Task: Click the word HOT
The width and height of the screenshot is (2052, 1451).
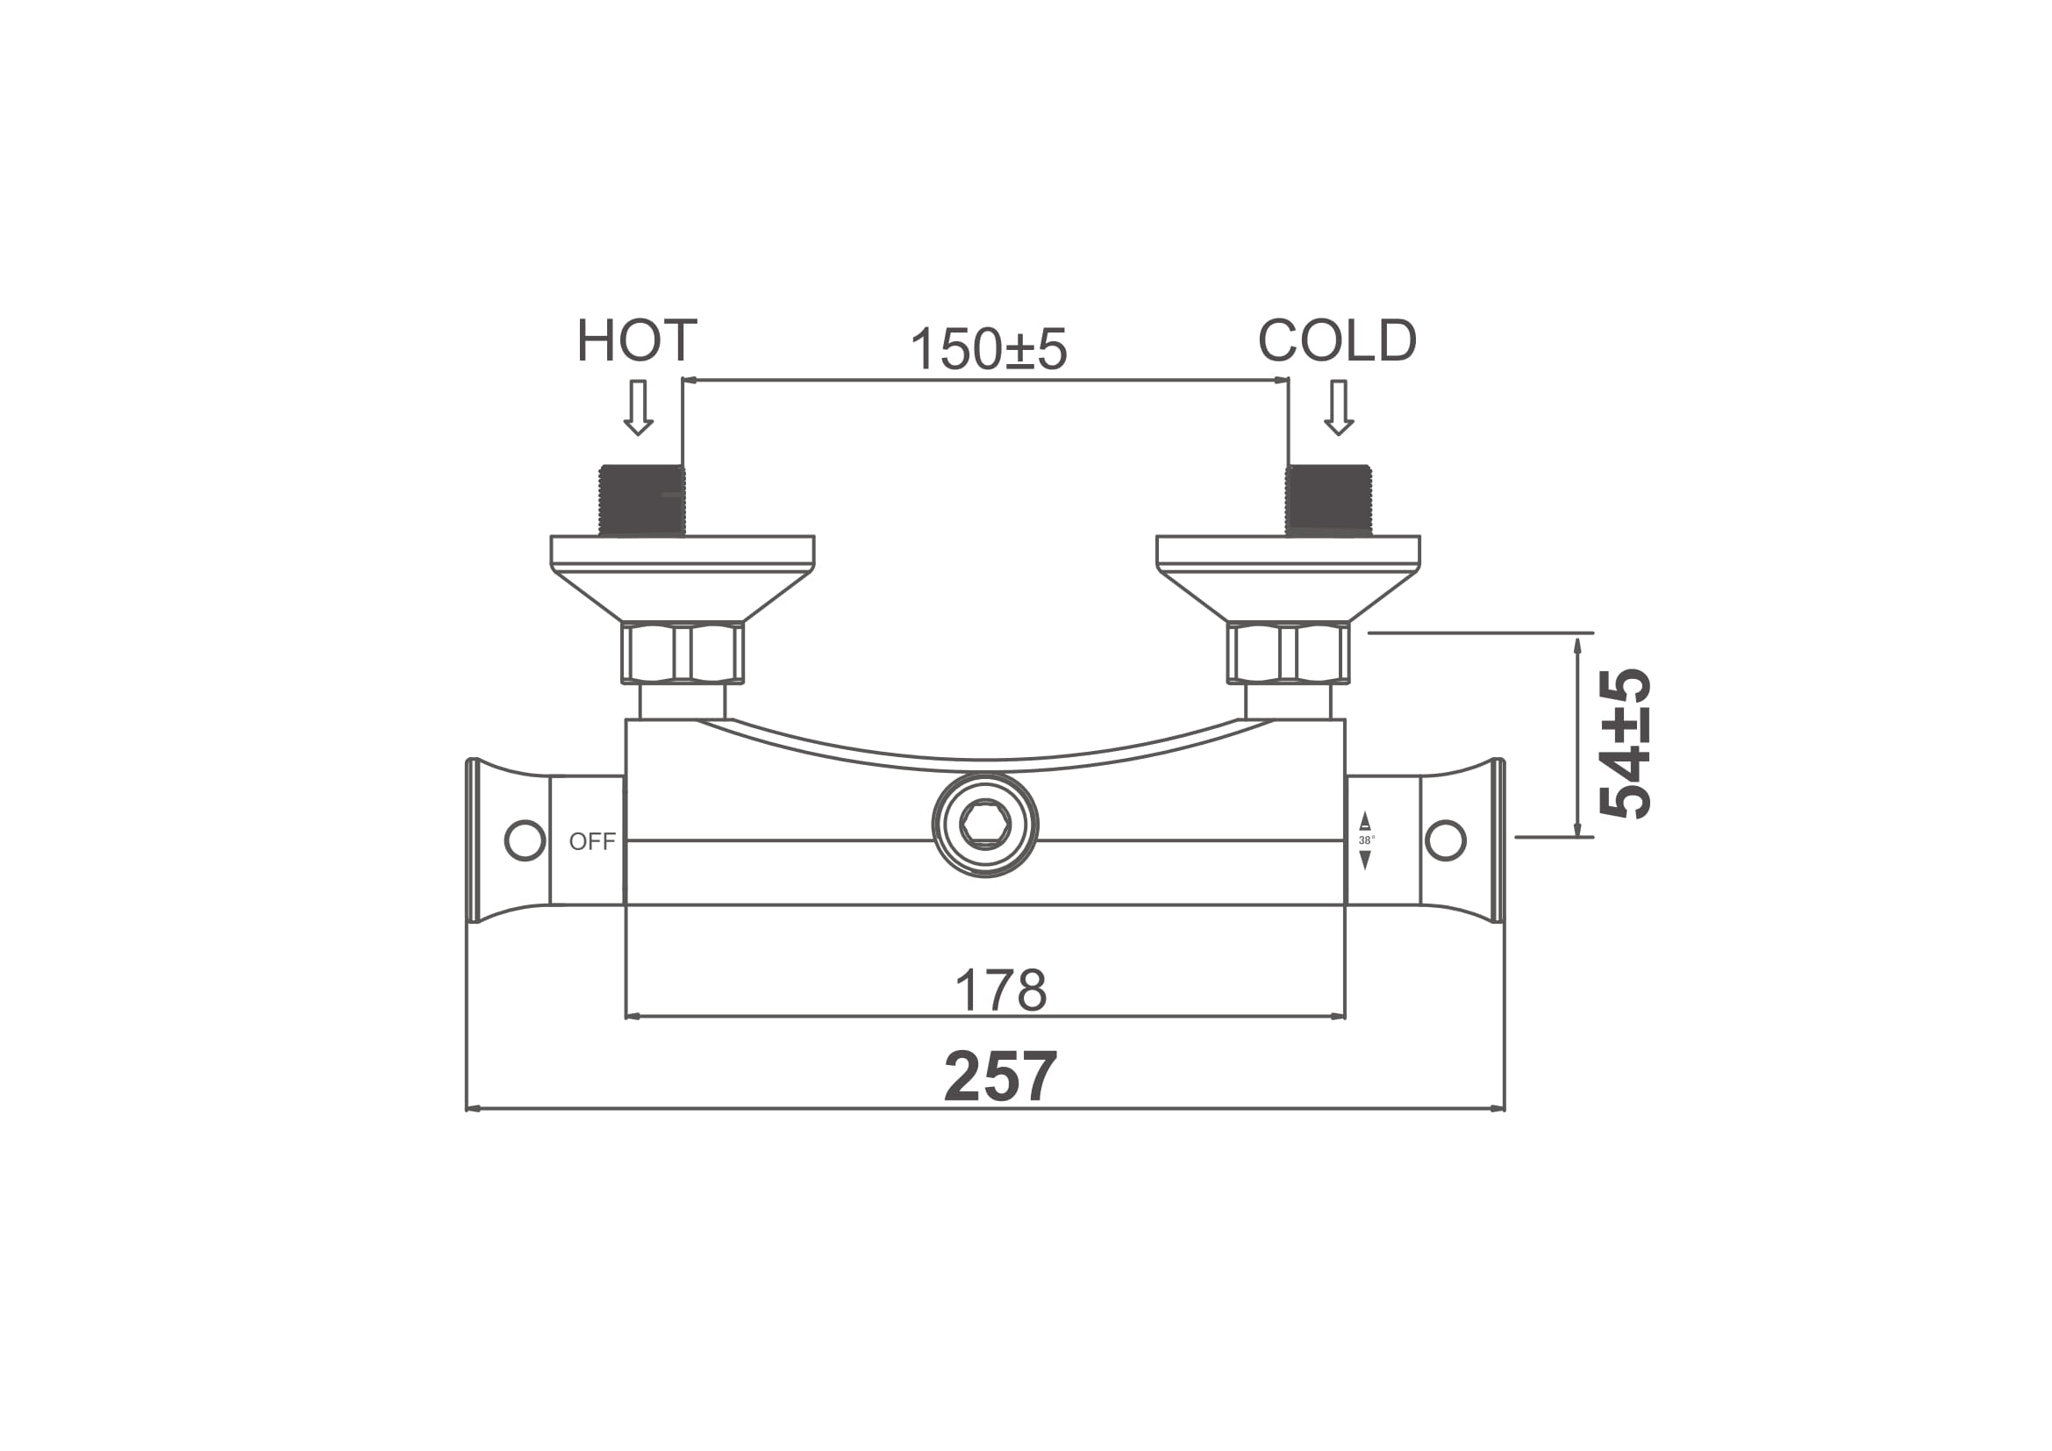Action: [636, 340]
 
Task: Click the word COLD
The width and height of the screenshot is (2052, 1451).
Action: [1337, 340]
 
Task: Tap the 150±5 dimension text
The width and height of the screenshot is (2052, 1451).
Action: [989, 348]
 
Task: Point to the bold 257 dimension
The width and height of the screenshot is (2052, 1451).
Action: [1001, 1077]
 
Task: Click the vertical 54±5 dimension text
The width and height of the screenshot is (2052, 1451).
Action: [1625, 743]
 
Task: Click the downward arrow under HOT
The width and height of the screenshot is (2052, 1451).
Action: [638, 407]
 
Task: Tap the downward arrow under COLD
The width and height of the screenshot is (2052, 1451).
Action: [1338, 407]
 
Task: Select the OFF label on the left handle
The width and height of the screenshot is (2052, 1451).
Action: [592, 841]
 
